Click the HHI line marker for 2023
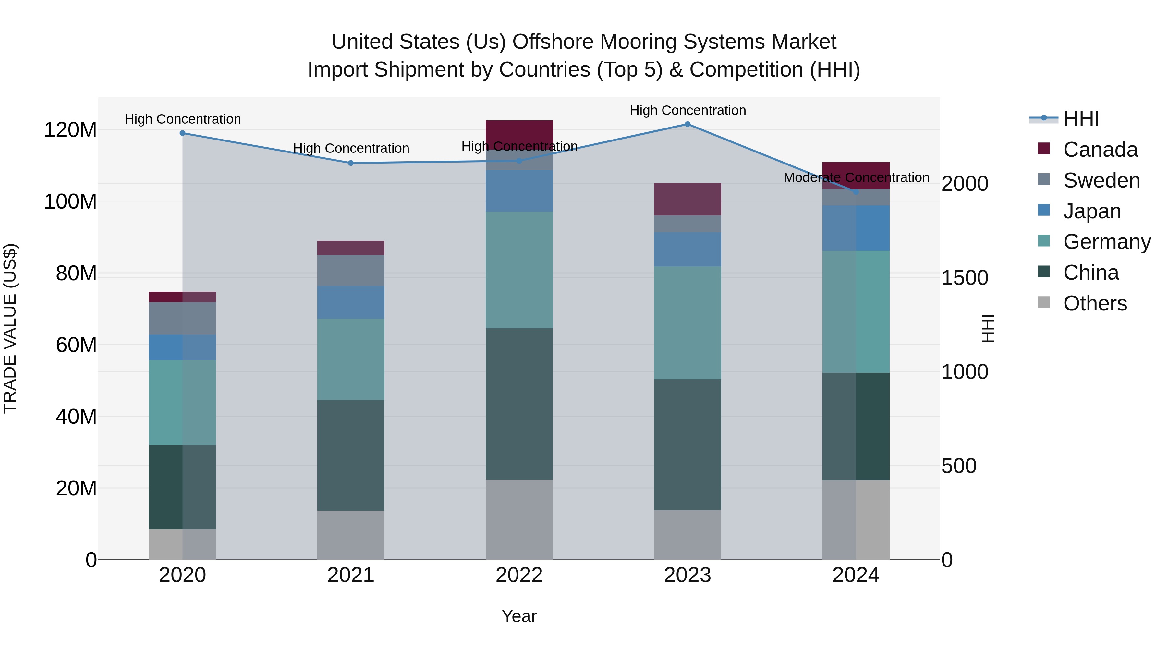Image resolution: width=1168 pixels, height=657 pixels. [687, 124]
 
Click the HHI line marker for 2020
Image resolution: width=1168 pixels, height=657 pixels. [182, 133]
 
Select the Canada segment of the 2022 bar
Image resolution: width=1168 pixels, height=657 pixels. [519, 135]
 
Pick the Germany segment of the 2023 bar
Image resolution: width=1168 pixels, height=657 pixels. [687, 323]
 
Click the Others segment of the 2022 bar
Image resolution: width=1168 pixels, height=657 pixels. [519, 520]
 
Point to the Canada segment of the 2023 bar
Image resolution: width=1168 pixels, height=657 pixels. [687, 199]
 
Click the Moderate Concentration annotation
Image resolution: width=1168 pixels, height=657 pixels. [856, 178]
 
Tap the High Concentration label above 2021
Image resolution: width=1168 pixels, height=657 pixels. [351, 149]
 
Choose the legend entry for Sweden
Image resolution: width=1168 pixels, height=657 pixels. [1101, 180]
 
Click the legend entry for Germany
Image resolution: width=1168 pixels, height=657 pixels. [1106, 242]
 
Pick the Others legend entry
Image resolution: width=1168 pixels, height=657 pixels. [1095, 303]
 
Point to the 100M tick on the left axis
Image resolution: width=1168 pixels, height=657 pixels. [70, 201]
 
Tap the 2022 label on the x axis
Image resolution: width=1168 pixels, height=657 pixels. [519, 575]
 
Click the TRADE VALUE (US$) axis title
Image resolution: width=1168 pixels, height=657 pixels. [10, 328]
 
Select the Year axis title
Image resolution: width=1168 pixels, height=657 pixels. [519, 616]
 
